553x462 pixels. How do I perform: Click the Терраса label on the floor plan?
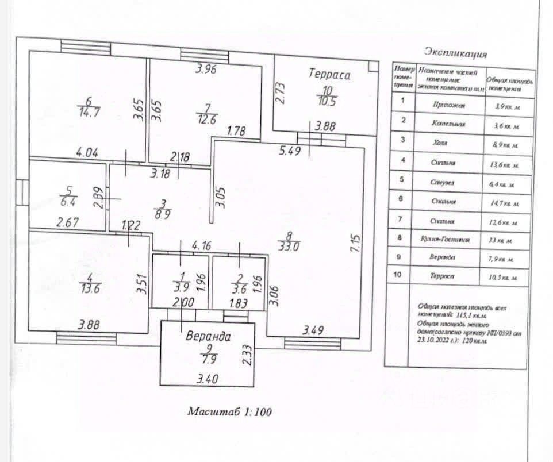(x=329, y=74)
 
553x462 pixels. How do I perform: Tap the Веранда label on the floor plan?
(x=208, y=337)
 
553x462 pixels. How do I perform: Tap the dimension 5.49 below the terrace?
(x=290, y=152)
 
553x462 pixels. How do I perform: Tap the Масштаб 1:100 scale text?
(x=230, y=411)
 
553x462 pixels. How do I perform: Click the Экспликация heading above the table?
(x=455, y=54)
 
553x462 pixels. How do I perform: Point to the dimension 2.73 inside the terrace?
(x=280, y=91)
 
